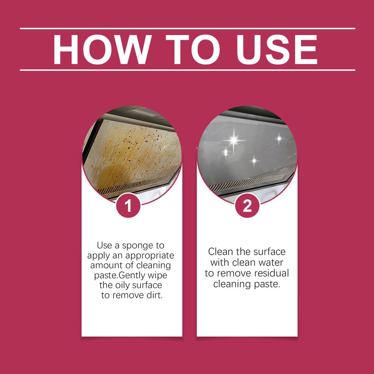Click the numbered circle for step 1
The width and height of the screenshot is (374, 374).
coord(128,207)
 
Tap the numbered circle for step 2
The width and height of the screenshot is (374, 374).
coord(247,207)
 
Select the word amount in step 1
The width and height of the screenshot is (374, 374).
coord(105,265)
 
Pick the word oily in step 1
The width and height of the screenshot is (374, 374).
coord(123,285)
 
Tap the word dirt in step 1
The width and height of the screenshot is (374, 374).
coord(154,295)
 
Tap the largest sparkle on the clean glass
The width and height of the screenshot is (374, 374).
coord(233,140)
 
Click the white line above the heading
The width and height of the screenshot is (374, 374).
coord(187,28)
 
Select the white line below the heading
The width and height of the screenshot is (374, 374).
coord(187,69)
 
